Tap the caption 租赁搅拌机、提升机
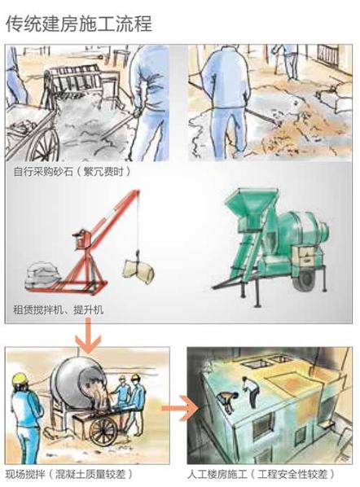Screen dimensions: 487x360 click(x=58, y=310)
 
